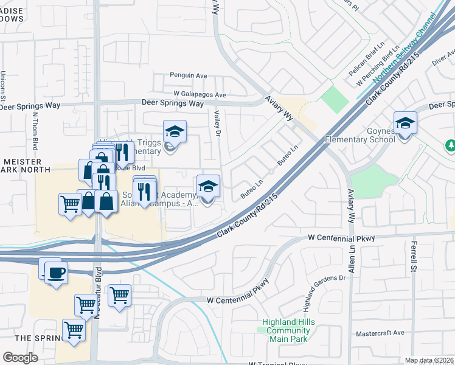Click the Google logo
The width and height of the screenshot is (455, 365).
20,358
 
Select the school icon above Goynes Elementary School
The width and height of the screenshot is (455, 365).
405,123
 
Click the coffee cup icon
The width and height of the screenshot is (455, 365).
57,273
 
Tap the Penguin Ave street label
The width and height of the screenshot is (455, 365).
189,75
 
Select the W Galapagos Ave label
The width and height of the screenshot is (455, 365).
200,94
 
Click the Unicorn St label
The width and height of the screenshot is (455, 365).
4,85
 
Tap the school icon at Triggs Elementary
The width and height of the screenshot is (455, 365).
175,131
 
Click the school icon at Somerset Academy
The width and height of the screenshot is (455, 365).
208,186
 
